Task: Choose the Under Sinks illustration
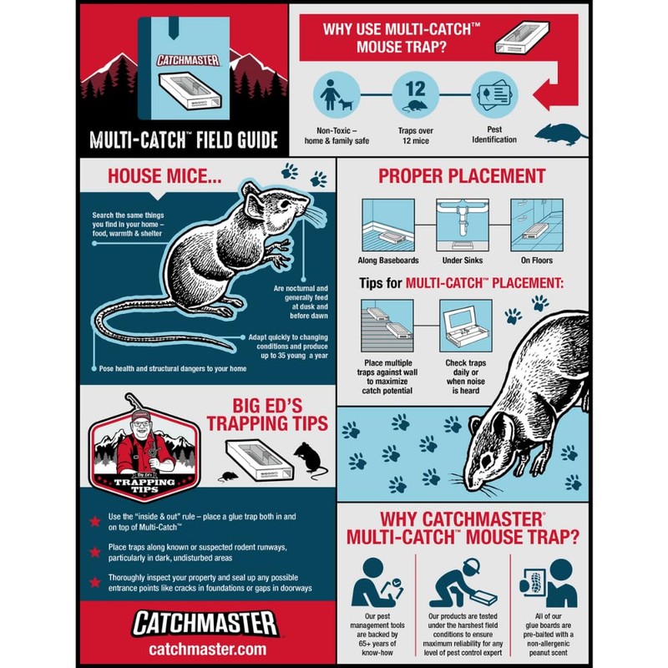tap(461, 223)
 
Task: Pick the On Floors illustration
tap(538, 223)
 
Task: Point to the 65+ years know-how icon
tap(372, 582)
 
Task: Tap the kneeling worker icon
tap(462, 582)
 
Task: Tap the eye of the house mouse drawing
tap(281, 203)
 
